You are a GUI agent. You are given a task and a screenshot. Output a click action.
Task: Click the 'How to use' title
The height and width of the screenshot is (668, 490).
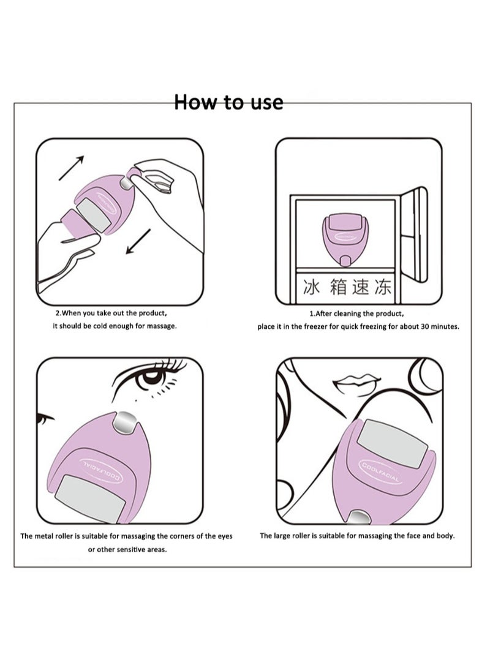(228, 102)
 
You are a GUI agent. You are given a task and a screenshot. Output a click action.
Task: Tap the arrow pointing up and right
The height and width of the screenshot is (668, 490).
(71, 168)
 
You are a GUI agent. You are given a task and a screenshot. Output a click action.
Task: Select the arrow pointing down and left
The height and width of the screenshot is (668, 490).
(138, 241)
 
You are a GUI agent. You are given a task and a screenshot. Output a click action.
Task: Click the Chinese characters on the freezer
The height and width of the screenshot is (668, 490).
(347, 287)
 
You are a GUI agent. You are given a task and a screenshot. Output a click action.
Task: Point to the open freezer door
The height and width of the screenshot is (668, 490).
(414, 235)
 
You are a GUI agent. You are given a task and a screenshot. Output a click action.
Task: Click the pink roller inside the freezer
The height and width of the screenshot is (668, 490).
(345, 239)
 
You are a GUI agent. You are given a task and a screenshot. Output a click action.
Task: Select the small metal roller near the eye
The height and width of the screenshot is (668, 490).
(126, 423)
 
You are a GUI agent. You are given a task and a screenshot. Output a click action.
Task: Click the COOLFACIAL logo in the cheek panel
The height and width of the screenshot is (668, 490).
(380, 472)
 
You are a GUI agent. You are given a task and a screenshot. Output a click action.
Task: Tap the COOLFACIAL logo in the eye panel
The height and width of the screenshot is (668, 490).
(102, 471)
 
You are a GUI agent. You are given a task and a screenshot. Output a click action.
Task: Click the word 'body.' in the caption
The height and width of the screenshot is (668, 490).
(446, 536)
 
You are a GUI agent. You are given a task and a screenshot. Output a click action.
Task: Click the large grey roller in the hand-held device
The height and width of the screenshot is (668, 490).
(93, 215)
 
